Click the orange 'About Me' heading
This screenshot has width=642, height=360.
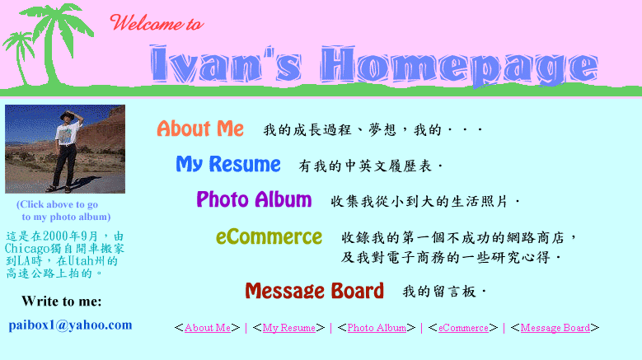(x=200, y=129)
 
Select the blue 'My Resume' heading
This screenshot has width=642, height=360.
(x=228, y=165)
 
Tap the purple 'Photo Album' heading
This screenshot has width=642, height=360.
(x=254, y=199)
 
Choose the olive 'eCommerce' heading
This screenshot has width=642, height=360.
(x=269, y=237)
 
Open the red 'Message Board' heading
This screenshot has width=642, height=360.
(x=315, y=291)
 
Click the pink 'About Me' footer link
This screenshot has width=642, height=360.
(x=208, y=328)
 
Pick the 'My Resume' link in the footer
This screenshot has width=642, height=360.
(x=289, y=328)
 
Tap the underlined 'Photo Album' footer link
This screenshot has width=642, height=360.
(x=377, y=328)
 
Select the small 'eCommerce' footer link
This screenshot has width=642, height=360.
(x=463, y=328)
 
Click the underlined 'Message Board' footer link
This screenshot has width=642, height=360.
(x=555, y=328)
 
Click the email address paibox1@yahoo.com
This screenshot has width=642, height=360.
(x=70, y=325)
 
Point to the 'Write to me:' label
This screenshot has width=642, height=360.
(x=62, y=302)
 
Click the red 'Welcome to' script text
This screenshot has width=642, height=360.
(x=157, y=22)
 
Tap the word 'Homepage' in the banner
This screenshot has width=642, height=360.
(x=459, y=66)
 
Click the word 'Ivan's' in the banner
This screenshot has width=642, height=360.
(x=226, y=63)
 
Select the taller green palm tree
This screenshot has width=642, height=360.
(x=58, y=41)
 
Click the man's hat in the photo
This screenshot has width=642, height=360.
(x=67, y=116)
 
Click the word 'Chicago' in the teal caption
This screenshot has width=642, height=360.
(x=27, y=249)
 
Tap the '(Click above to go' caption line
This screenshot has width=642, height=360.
(x=58, y=204)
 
